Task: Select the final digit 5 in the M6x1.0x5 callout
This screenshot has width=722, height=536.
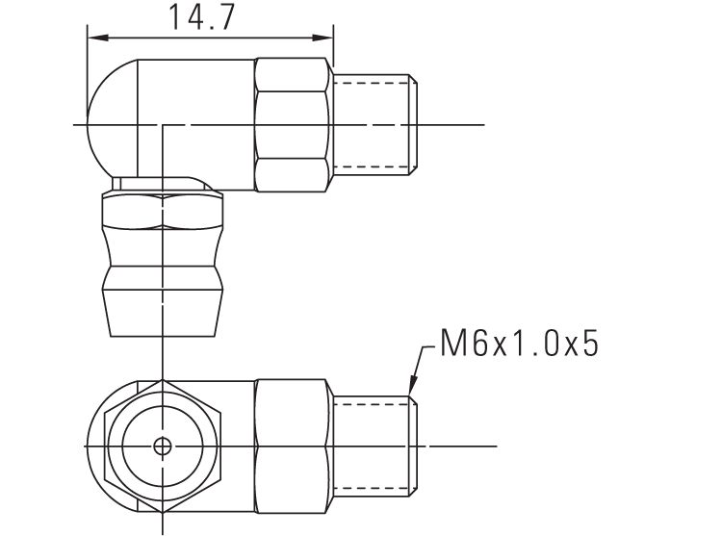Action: tap(587, 344)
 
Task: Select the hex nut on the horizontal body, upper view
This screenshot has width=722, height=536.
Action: tap(293, 124)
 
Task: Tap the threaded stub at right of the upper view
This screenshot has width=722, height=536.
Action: tap(374, 124)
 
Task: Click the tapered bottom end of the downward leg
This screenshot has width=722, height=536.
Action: tap(163, 313)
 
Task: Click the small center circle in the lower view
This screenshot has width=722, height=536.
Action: tap(163, 447)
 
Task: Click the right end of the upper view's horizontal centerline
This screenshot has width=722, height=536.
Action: tap(483, 125)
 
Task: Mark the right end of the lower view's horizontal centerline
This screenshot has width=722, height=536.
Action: tap(495, 447)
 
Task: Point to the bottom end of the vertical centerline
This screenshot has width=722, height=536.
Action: tap(163, 530)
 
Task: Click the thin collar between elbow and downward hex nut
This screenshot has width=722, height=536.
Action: tap(159, 183)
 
